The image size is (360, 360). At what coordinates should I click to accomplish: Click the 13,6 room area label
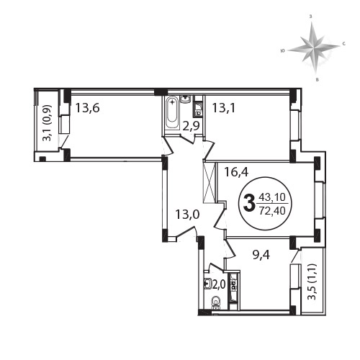88,108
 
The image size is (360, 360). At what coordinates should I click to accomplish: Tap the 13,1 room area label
224,108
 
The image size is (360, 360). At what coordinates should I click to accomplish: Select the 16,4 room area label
236,172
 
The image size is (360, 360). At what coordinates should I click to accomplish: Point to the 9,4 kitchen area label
261,255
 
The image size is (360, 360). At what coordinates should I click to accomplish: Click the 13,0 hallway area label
187,215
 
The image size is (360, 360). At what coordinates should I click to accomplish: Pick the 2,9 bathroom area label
191,126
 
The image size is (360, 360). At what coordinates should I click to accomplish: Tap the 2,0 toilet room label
219,284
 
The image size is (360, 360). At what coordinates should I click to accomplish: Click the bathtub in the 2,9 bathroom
172,112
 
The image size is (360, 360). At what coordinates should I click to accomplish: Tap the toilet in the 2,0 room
217,303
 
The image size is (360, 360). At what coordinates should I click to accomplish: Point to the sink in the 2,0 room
207,284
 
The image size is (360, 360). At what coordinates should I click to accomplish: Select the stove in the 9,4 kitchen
233,284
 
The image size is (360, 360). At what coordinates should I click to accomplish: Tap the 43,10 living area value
272,197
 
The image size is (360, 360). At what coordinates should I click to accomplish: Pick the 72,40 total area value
272,211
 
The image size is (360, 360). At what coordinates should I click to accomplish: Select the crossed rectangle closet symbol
209,182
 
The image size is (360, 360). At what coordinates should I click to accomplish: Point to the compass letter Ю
283,50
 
